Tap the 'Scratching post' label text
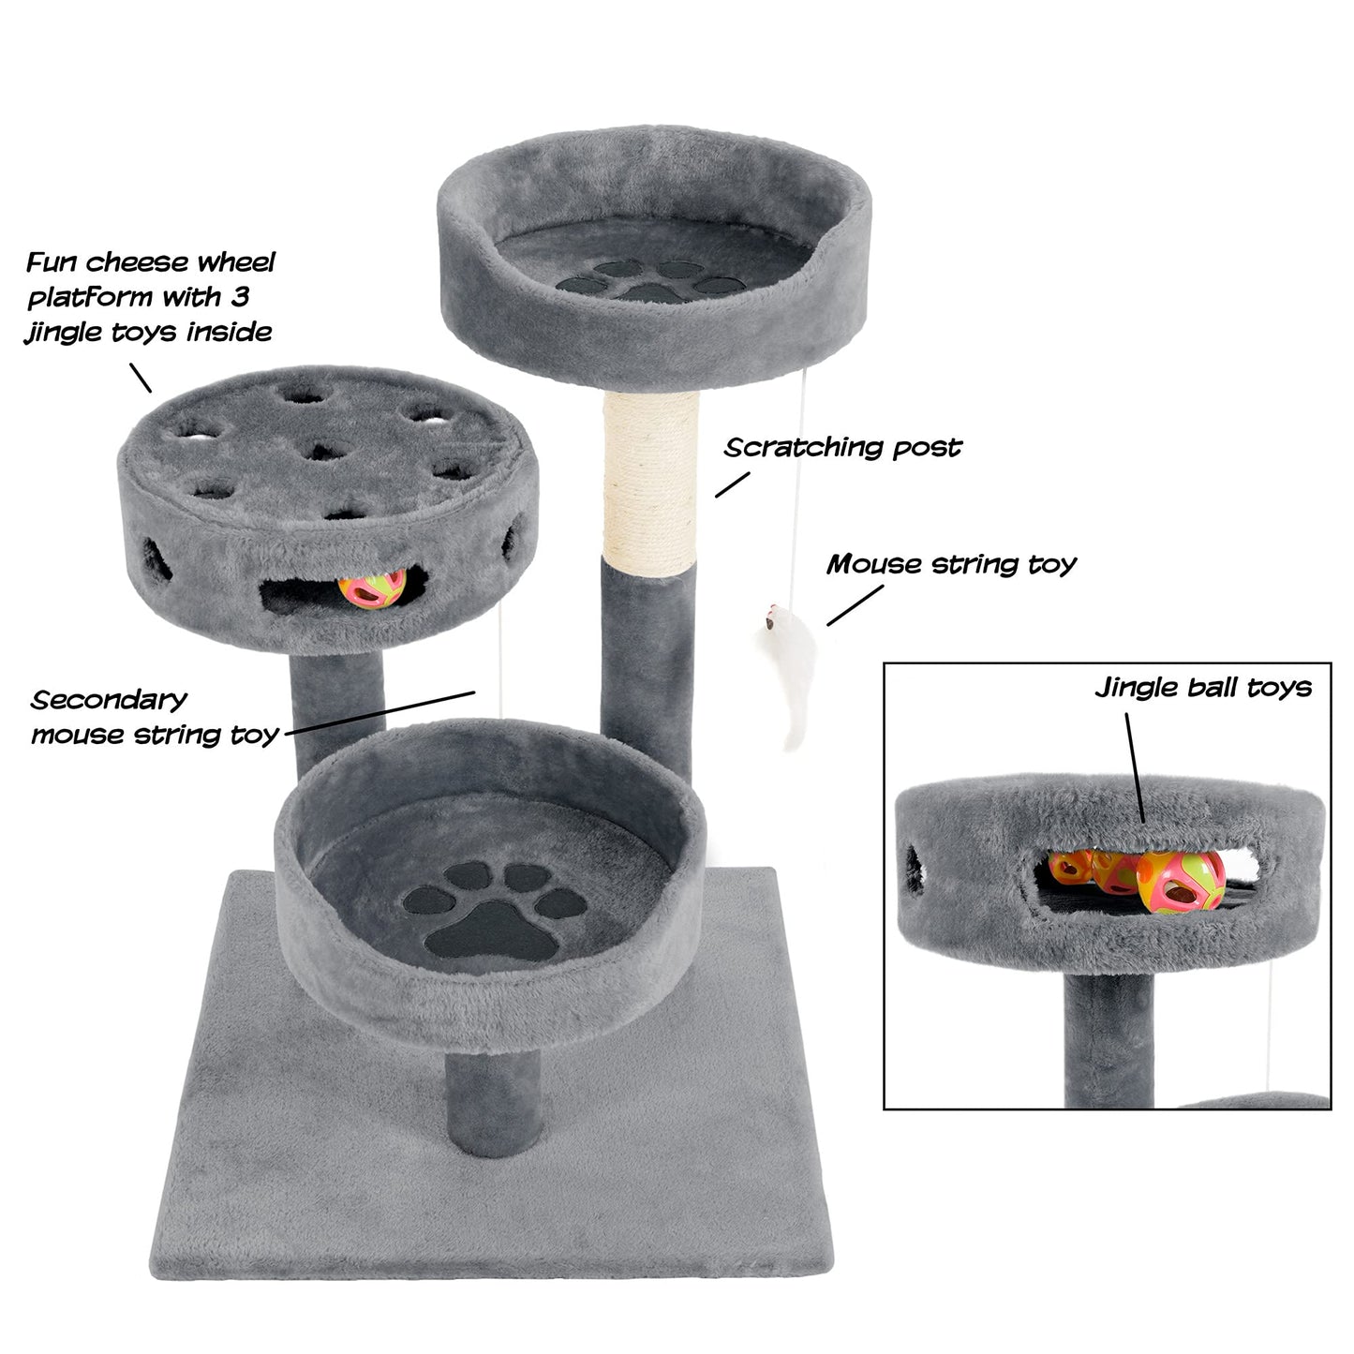[x=842, y=448]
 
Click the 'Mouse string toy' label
[x=951, y=565]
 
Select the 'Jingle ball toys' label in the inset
[x=1203, y=688]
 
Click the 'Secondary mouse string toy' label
[x=155, y=718]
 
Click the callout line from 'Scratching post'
[x=733, y=484]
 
